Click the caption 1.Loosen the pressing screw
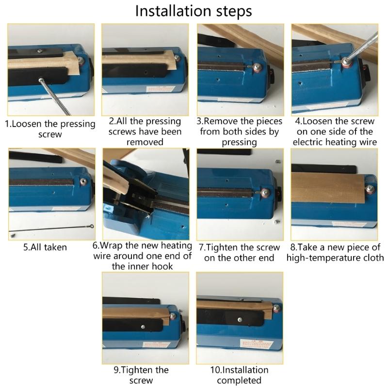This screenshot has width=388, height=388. (50, 129)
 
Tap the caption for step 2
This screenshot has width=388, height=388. (145, 131)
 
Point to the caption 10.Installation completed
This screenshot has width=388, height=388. (239, 375)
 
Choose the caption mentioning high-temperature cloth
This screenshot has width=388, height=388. (335, 252)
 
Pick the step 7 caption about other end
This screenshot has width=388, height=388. (239, 252)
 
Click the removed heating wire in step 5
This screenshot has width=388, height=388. (48, 227)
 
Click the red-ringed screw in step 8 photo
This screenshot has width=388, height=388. (371, 188)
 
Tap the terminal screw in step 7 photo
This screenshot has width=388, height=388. (265, 193)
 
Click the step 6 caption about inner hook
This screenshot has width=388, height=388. (143, 256)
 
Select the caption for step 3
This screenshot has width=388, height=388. (239, 131)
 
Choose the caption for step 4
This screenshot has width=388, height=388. (335, 131)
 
